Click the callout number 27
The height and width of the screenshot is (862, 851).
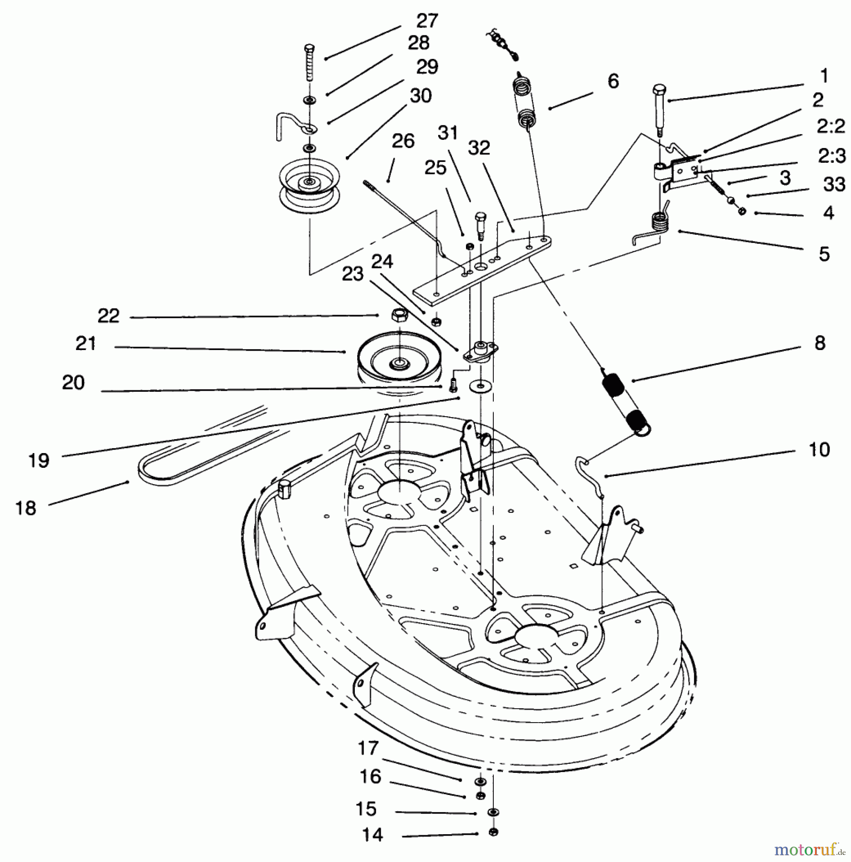[x=427, y=21]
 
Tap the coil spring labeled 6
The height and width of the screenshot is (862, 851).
[x=525, y=103]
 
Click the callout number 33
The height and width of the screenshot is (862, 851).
[x=834, y=184]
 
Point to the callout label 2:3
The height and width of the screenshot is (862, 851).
[x=831, y=156]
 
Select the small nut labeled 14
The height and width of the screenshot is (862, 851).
[x=493, y=832]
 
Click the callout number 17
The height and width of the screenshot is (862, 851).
[x=368, y=748]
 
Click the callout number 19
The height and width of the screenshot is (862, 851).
[x=39, y=460]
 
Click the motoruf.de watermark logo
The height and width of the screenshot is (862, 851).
[x=810, y=850]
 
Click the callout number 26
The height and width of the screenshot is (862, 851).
[x=402, y=141]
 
